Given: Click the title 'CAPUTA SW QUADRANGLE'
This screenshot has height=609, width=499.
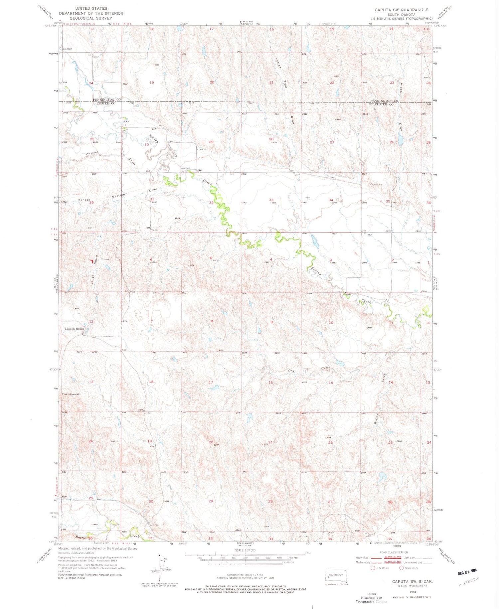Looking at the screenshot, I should pos(401,10).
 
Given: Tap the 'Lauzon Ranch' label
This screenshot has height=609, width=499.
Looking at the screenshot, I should pos(74,329).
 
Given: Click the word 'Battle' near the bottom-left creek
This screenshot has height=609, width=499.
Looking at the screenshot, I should pos(81,537).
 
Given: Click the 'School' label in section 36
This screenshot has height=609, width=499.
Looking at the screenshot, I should pos(84,200).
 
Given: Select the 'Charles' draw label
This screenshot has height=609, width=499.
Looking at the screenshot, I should pos(92,153).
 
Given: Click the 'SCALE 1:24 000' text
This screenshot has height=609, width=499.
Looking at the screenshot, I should pos(244,550).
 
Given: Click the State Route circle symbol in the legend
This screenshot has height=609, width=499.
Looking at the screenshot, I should pos(401,568).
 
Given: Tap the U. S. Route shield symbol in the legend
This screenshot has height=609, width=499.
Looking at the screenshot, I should pos(373,568).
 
